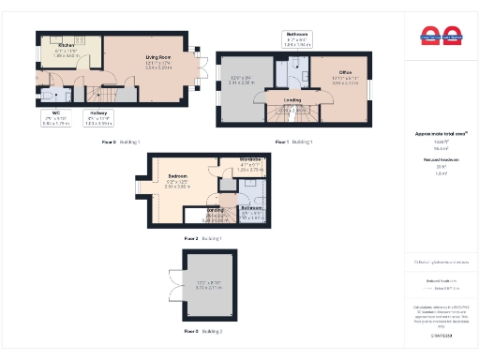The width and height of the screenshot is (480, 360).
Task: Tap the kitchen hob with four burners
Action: coord(80,40)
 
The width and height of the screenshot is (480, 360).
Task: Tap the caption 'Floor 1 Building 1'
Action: coord(293,142)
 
